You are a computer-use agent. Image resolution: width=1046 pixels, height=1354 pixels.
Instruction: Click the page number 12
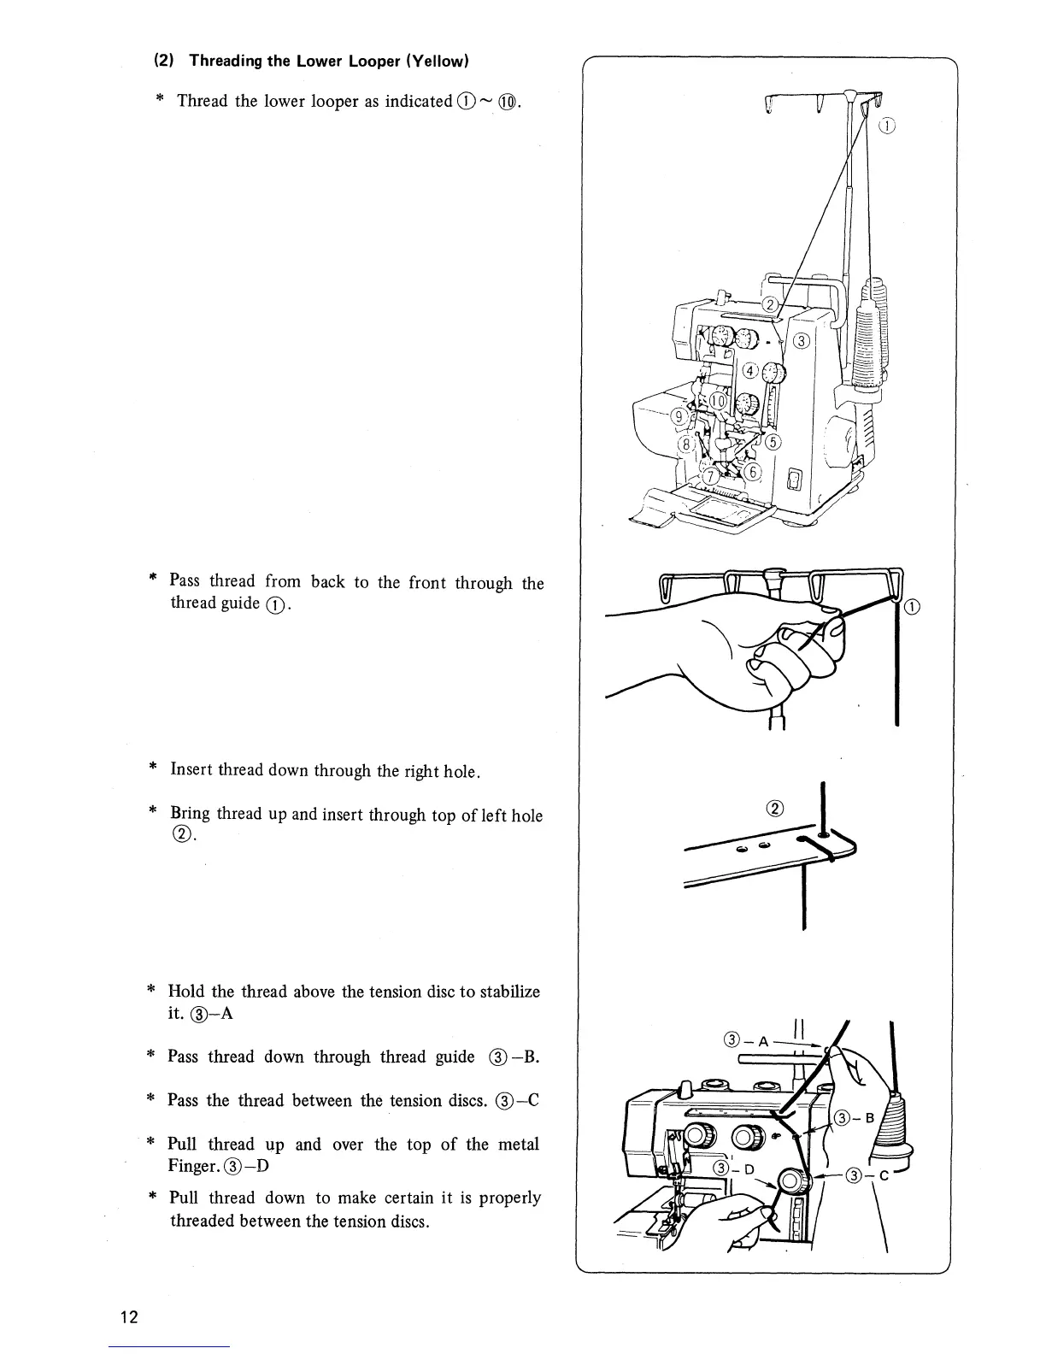[x=129, y=1316]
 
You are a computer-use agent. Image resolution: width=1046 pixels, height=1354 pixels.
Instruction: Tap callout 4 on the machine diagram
[x=749, y=371]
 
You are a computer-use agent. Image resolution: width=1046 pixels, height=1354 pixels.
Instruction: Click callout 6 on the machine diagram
[x=754, y=472]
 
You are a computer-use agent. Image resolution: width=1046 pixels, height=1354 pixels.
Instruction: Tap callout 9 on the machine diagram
[x=680, y=416]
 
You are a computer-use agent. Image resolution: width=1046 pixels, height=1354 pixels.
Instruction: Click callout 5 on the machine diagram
[x=773, y=442]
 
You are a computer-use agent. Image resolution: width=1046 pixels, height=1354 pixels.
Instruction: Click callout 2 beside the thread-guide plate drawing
[x=775, y=809]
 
